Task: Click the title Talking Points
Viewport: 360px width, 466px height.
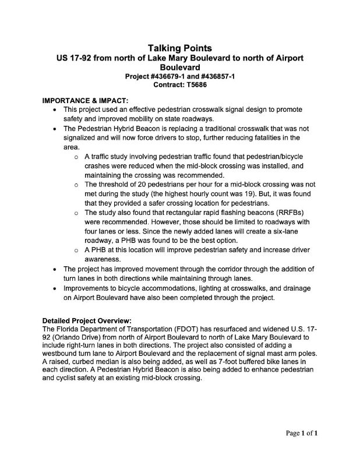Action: click(x=179, y=48)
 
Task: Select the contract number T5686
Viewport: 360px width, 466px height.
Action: click(x=195, y=84)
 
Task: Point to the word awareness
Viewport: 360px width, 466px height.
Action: click(x=103, y=259)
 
